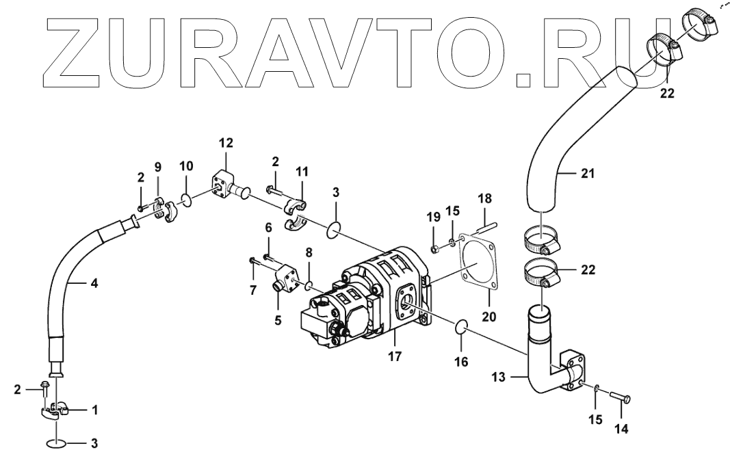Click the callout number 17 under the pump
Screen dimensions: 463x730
point(395,356)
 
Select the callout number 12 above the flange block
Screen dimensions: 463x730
point(226,142)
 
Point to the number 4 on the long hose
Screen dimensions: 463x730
point(94,282)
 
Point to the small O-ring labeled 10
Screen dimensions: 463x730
point(185,199)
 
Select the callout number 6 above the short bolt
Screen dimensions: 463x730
point(268,226)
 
